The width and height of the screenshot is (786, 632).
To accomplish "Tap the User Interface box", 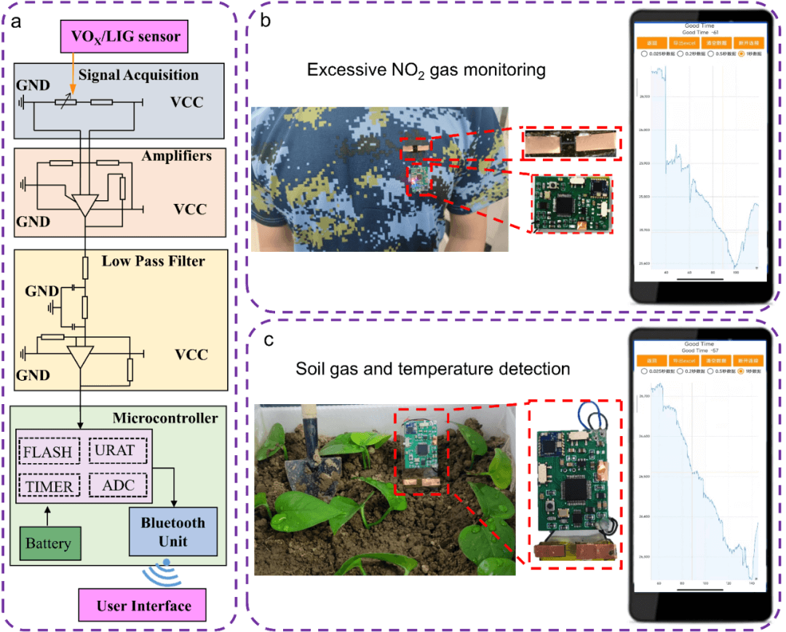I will (143, 606).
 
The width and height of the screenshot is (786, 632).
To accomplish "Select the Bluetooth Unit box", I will (172, 532).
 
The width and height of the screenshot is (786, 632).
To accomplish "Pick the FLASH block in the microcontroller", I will (49, 451).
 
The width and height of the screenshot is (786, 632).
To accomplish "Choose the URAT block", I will (116, 451).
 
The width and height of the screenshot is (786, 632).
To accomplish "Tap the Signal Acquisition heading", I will (138, 75).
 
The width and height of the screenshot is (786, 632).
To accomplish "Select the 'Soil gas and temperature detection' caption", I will (432, 369).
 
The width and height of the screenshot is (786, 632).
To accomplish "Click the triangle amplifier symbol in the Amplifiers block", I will (86, 205).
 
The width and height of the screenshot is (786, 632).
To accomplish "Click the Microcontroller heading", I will (165, 418).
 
